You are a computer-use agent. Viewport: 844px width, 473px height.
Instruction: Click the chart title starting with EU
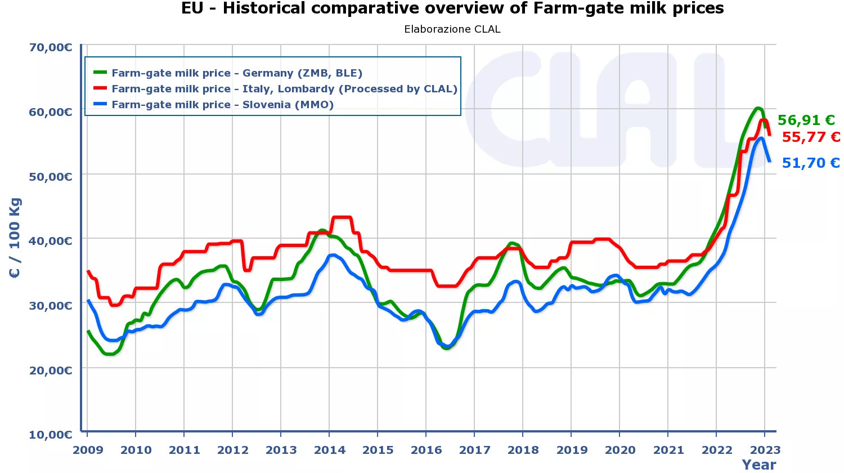(x=452, y=8)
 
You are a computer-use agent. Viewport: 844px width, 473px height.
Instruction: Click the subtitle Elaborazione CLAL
(x=452, y=29)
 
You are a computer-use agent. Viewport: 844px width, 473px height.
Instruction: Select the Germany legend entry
(x=236, y=73)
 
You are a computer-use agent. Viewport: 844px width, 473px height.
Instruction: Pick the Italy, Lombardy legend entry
(x=284, y=89)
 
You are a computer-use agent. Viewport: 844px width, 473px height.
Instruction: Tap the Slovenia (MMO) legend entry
(x=222, y=105)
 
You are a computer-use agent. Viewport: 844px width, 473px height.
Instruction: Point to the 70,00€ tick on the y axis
(x=51, y=47)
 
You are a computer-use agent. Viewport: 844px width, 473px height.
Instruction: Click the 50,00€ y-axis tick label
(x=51, y=177)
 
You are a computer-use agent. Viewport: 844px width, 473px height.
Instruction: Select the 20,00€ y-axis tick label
(x=51, y=371)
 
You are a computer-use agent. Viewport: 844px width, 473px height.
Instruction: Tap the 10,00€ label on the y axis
(x=51, y=435)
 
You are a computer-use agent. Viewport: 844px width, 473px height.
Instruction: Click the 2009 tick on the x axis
(x=88, y=450)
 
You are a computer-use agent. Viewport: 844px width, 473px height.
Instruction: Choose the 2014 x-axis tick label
(x=330, y=450)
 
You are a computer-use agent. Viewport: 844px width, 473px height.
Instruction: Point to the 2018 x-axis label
(x=523, y=450)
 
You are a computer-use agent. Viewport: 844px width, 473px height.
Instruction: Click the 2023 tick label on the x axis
(x=765, y=450)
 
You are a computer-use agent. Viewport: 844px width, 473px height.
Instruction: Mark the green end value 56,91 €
(x=806, y=121)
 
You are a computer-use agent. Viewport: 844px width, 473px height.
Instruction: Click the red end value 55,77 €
(x=811, y=137)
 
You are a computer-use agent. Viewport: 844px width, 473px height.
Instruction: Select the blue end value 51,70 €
(x=811, y=163)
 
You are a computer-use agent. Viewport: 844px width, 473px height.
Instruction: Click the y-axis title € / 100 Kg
(x=15, y=238)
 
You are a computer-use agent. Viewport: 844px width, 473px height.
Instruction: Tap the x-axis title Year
(x=758, y=465)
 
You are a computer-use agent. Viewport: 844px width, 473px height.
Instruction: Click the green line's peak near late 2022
(x=758, y=108)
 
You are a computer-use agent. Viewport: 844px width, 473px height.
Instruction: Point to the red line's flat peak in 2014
(x=342, y=217)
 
